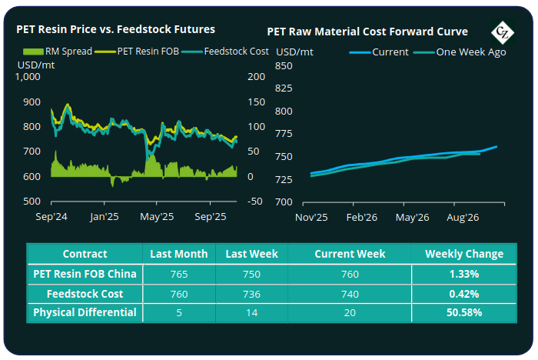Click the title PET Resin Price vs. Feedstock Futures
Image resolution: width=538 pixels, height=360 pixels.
(116, 29)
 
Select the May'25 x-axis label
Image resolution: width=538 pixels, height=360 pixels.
(158, 218)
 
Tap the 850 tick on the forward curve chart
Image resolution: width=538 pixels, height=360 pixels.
(284, 66)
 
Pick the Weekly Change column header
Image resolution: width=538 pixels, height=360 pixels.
(464, 254)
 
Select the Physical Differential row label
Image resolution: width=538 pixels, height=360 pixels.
(85, 312)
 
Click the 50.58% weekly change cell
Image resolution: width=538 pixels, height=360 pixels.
(463, 312)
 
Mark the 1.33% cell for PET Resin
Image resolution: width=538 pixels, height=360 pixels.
(463, 274)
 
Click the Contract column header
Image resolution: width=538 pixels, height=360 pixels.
(85, 254)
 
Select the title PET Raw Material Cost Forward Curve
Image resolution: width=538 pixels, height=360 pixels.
(367, 32)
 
